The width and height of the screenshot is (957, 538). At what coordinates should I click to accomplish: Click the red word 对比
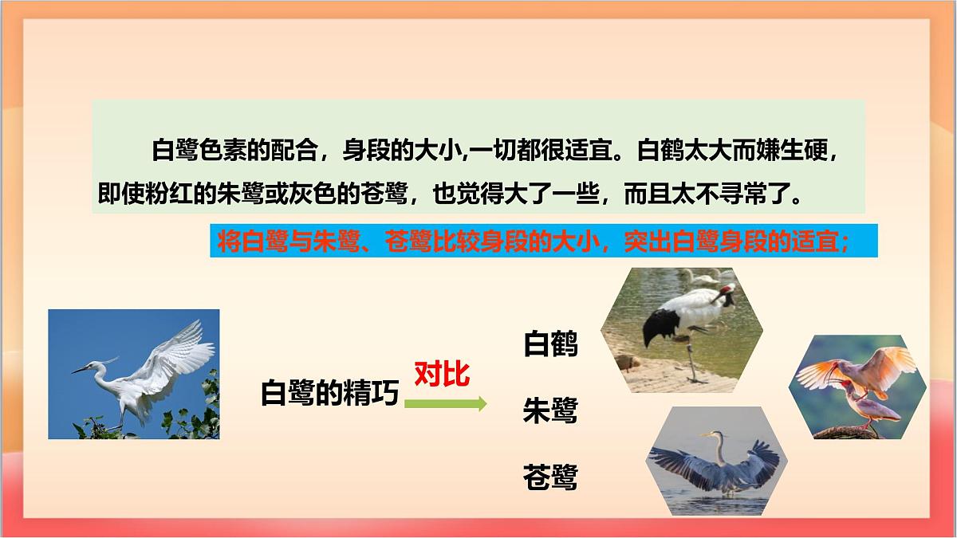coord(441,374)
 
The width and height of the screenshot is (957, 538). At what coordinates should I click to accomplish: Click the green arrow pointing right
coord(445,403)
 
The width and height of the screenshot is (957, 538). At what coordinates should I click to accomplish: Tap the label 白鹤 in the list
coord(549,344)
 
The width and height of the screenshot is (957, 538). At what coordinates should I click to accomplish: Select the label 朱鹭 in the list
coord(549,411)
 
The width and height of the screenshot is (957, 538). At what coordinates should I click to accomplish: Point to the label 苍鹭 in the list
coord(549,477)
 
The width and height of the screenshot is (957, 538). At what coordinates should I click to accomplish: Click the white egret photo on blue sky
coord(134,374)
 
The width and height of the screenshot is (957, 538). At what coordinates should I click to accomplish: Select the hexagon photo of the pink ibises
coord(857,387)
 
